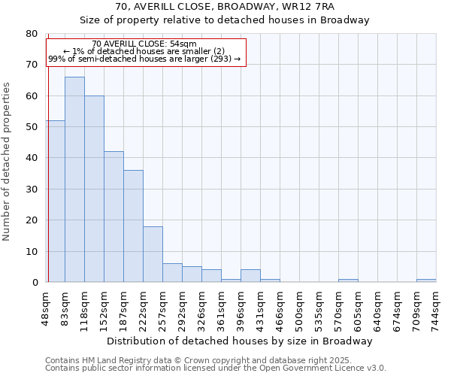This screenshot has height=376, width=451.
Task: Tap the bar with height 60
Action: pyautogui.click(x=94, y=189)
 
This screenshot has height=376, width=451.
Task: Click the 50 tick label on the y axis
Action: pyautogui.click(x=32, y=127)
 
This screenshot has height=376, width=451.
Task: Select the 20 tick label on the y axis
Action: pyautogui.click(x=32, y=220)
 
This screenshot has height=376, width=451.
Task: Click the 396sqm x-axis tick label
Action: pyautogui.click(x=241, y=309)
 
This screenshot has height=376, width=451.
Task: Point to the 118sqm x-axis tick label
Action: pyautogui.click(x=84, y=309)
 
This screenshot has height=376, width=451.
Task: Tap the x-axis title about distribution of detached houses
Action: pyautogui.click(x=240, y=341)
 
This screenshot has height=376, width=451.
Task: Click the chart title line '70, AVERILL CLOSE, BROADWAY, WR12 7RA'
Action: pyautogui.click(x=225, y=7)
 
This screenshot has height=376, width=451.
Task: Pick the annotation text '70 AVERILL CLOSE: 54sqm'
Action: pyautogui.click(x=144, y=44)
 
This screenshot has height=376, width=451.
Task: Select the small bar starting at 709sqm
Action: pyautogui.click(x=426, y=280)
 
